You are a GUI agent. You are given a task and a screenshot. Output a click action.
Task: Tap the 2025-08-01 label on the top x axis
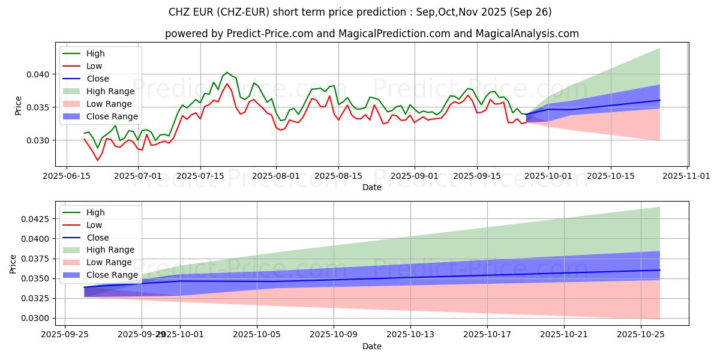pos(276,176)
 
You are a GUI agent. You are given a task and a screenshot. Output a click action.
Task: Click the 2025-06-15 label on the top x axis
pos(66,176)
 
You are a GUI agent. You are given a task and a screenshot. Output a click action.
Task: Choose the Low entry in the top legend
pos(94,66)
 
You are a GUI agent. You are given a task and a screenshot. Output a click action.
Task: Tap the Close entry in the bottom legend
pos(98,238)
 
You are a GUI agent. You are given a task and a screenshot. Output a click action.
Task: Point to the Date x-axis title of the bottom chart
pos(372,347)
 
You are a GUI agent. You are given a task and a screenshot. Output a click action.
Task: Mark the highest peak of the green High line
pos(226,73)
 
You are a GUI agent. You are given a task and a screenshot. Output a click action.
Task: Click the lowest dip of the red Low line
pos(98,160)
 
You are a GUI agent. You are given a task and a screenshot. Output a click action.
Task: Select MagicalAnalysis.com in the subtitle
pos(527,34)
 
